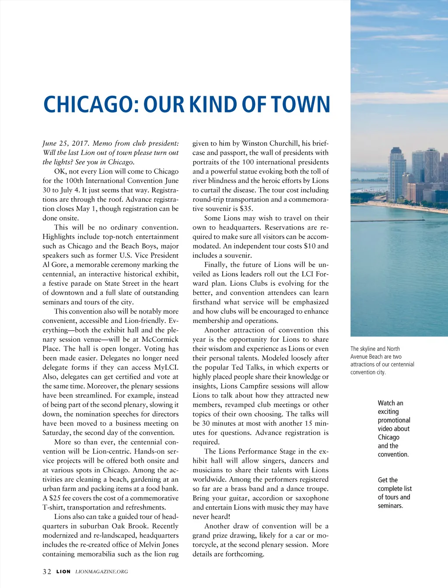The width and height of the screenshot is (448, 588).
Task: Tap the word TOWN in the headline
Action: (x=301, y=105)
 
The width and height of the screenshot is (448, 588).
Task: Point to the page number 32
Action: (x=47, y=572)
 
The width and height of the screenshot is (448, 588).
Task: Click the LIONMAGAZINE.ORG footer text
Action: (x=101, y=572)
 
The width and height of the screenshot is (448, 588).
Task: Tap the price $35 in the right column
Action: (x=246, y=209)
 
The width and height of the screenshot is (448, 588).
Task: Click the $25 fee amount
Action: (x=55, y=498)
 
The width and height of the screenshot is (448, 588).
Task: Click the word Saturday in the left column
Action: (x=57, y=433)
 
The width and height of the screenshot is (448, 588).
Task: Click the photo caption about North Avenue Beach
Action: (x=382, y=360)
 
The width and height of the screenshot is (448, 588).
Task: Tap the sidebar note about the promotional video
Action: (x=394, y=429)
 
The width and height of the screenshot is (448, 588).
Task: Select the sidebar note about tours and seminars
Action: (x=395, y=493)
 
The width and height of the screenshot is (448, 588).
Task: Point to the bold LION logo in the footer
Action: (x=63, y=572)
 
